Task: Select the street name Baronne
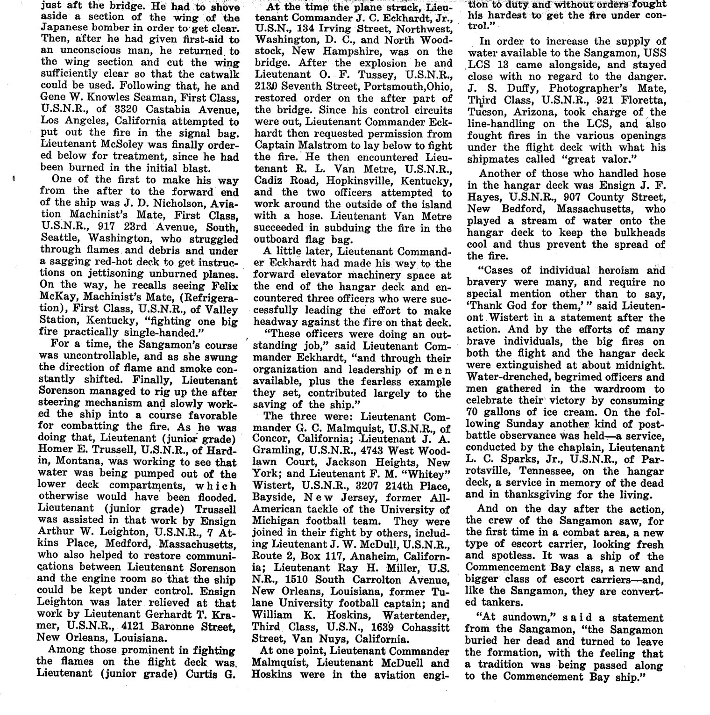click(167, 627)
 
